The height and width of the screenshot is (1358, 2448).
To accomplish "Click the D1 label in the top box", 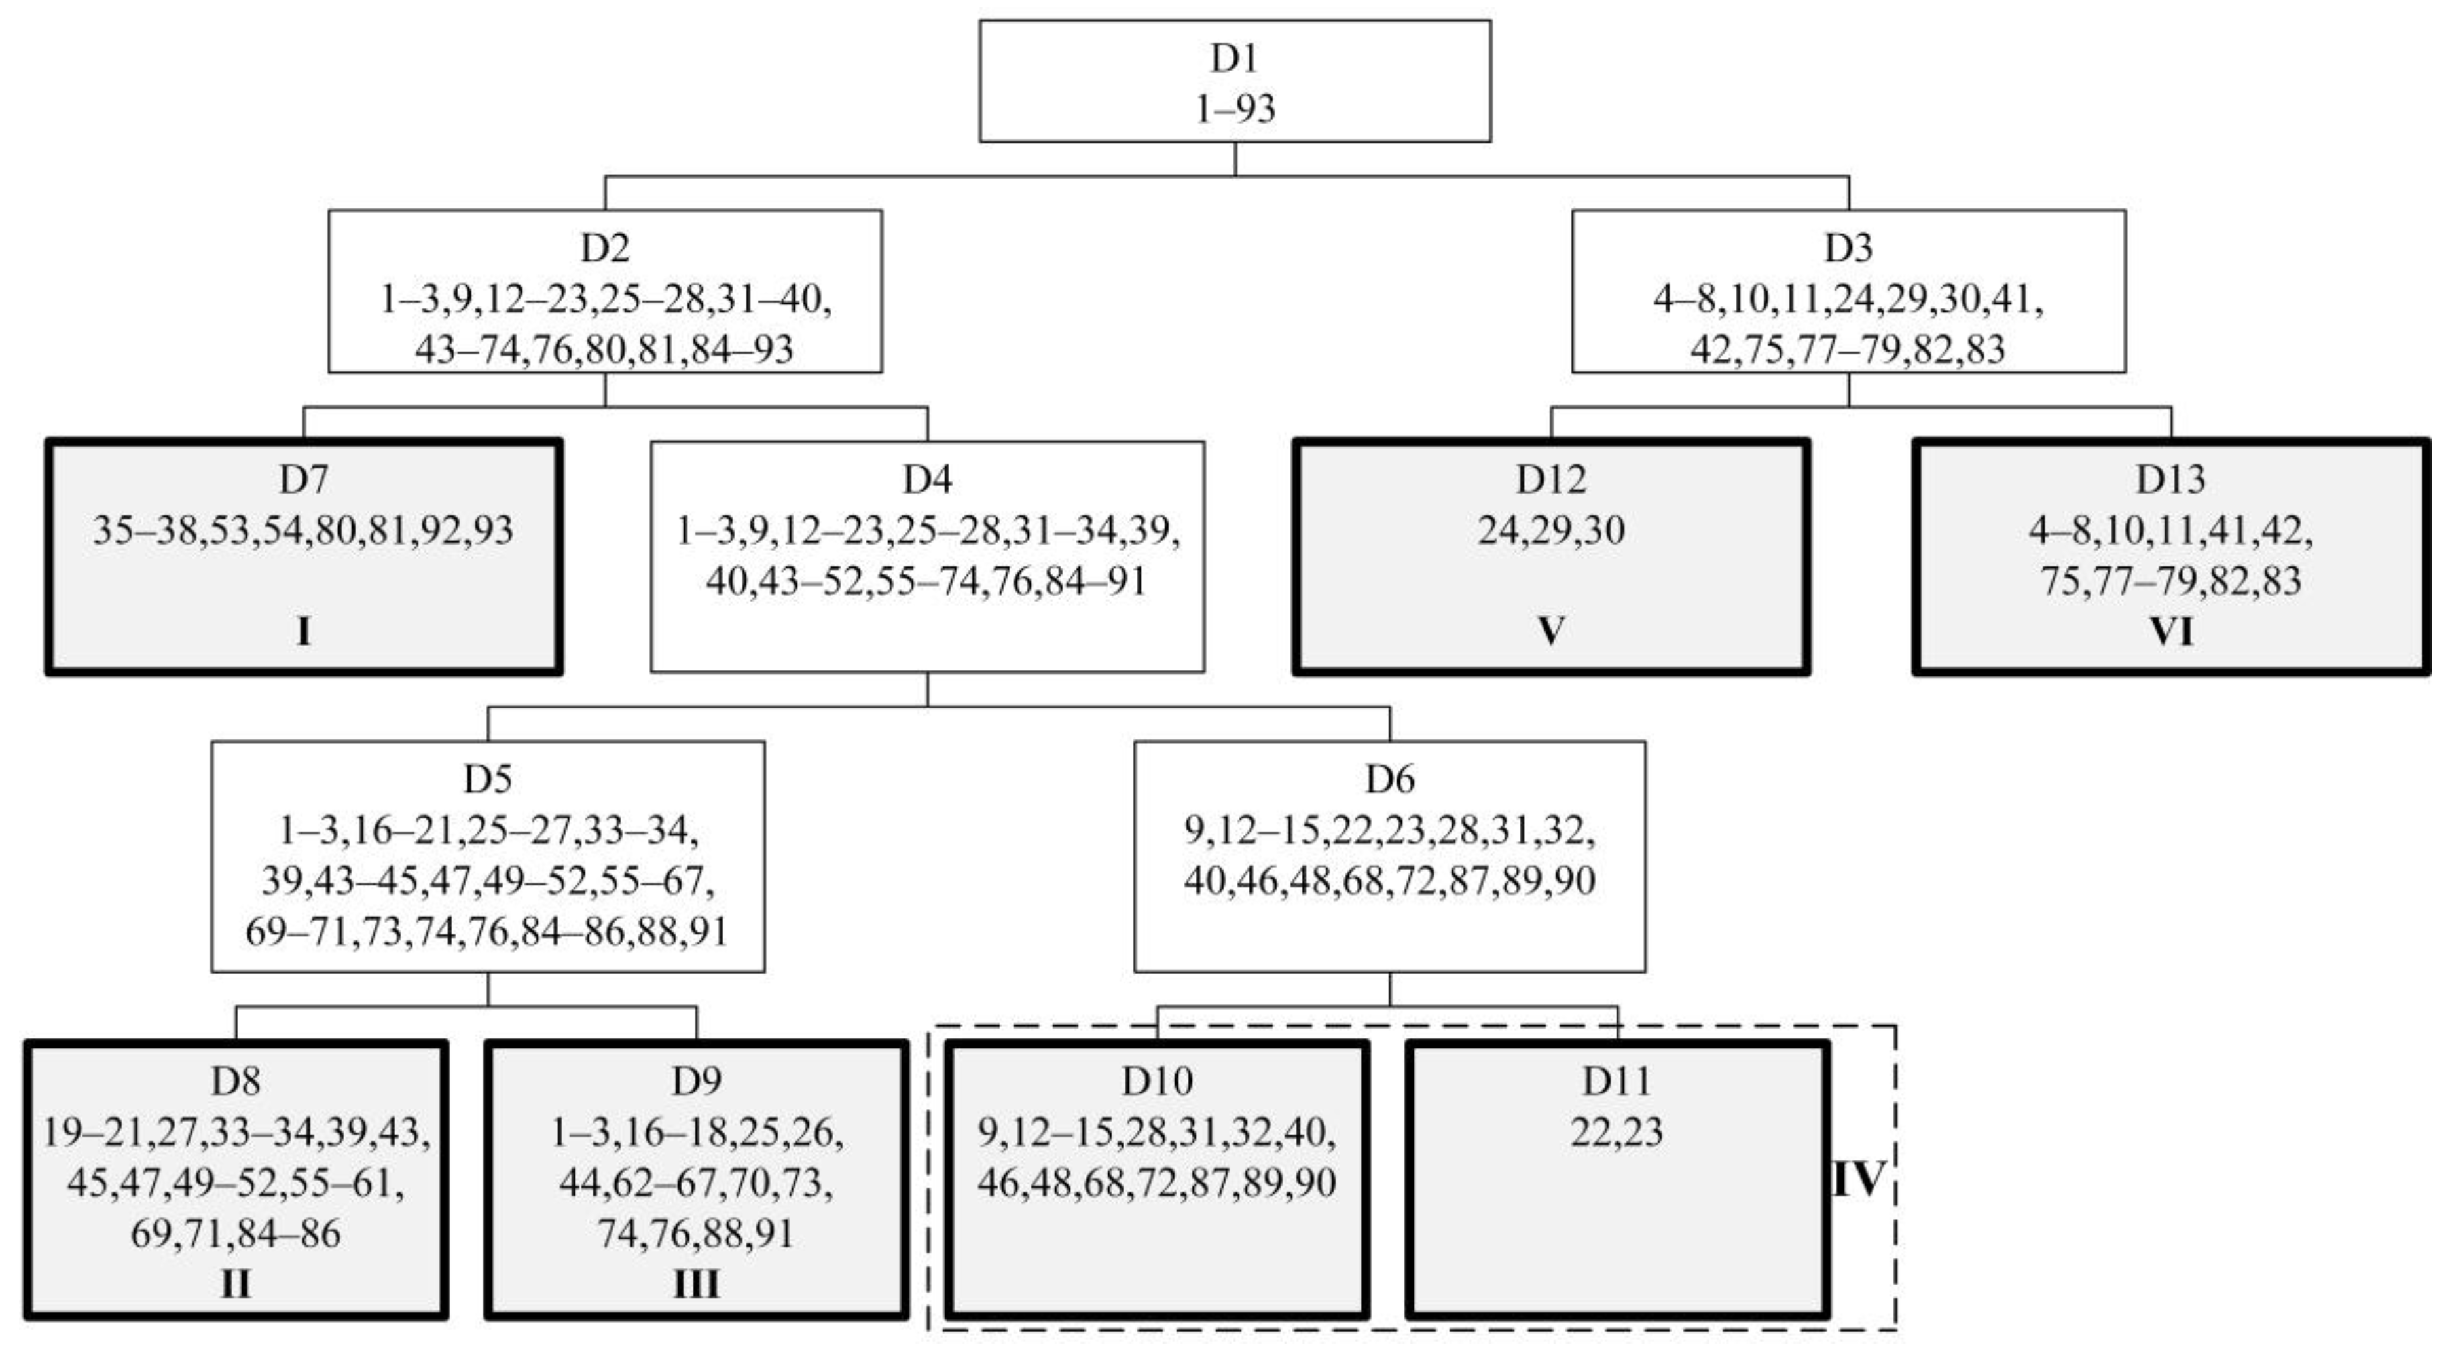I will coord(1233,58).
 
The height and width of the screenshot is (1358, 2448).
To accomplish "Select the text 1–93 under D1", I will coord(1233,108).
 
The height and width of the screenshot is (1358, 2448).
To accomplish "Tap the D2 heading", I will coord(604,248).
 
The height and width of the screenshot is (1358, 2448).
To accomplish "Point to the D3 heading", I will coord(1848,248).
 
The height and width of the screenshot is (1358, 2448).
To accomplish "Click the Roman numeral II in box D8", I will coord(235,1284).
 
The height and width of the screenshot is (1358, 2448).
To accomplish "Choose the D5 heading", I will coord(488,779).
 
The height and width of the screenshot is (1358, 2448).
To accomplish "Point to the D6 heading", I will coord(1389,779).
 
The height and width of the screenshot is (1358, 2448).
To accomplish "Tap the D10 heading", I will coord(1156,1080).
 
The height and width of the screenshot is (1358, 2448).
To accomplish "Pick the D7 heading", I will coord(303,479).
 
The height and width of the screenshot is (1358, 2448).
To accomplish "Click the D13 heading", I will coord(2170,479).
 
